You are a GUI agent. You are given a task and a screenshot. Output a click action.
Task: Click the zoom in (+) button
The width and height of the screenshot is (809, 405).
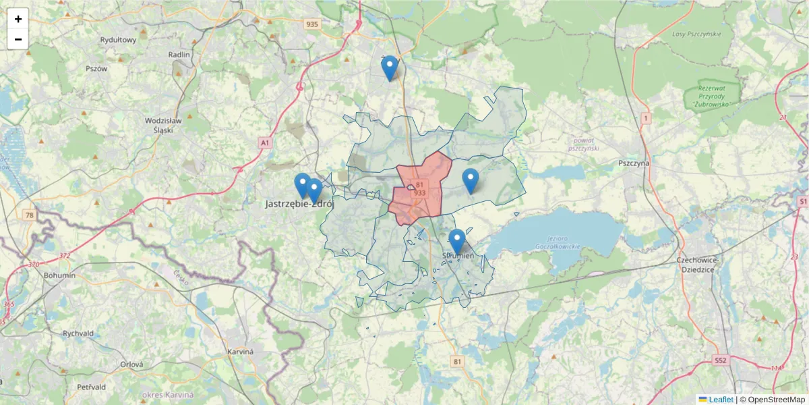(x=18, y=19)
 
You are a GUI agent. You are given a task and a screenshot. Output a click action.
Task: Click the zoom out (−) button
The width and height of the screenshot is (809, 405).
(x=18, y=39)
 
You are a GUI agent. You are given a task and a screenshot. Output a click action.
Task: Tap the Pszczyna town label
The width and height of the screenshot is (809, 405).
(x=634, y=163)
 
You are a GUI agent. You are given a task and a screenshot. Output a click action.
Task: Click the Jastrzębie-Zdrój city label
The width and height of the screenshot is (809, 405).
(x=300, y=203)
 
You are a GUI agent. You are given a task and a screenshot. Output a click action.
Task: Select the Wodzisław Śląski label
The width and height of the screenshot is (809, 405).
(x=159, y=125)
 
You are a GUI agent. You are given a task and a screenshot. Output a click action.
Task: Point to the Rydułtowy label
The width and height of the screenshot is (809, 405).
(x=118, y=40)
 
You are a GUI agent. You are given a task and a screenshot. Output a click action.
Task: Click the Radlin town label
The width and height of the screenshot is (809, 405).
(x=181, y=54)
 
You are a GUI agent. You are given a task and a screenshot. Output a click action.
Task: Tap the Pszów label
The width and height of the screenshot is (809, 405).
(x=96, y=68)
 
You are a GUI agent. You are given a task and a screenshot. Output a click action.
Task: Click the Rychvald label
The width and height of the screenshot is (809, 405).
(x=78, y=333)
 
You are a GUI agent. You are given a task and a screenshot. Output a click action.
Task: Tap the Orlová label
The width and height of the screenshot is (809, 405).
(x=132, y=364)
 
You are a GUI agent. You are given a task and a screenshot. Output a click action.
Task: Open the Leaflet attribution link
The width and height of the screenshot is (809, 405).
(x=720, y=400)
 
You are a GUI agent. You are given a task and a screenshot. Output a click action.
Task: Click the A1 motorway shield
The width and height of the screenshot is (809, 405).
(x=265, y=142)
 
